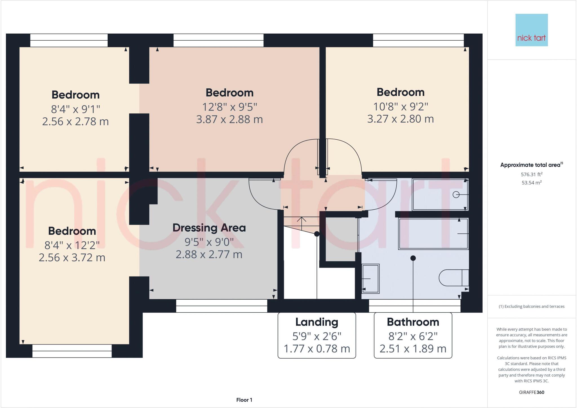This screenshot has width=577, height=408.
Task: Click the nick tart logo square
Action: click(x=531, y=30)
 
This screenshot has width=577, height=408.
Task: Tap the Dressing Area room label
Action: click(x=209, y=228)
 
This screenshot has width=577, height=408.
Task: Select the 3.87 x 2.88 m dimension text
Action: click(x=229, y=119)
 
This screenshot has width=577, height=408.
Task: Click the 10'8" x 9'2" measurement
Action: click(x=400, y=107)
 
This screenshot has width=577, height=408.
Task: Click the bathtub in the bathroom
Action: click(x=433, y=234)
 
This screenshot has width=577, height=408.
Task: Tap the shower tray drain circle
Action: click(x=456, y=195)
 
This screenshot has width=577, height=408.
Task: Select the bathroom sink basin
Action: click(x=370, y=278)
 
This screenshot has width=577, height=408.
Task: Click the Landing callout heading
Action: click(x=316, y=322)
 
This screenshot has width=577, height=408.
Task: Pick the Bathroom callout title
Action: click(x=413, y=322)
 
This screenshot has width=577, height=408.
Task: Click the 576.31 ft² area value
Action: click(x=531, y=175)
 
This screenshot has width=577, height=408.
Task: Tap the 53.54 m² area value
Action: click(x=531, y=183)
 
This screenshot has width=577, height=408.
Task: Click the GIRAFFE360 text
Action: click(x=531, y=392)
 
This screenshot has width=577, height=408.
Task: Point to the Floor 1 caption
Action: click(x=244, y=400)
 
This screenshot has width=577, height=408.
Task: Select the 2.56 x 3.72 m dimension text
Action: click(x=72, y=258)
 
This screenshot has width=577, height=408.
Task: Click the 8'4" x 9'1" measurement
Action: click(x=76, y=109)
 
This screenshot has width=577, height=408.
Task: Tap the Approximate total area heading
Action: click(x=531, y=165)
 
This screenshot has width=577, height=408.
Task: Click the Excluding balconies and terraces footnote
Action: click(x=531, y=306)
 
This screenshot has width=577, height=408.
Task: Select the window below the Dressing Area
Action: click(x=221, y=306)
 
